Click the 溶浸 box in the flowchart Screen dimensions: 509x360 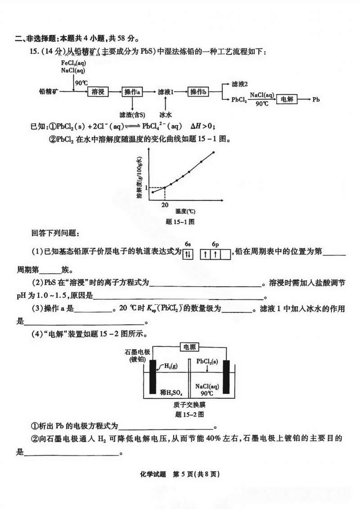98,92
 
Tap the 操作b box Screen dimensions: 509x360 198,92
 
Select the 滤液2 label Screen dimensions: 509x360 240,84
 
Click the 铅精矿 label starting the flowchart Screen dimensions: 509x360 49,92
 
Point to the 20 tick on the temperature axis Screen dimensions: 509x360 165,204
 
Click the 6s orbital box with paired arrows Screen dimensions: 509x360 188,254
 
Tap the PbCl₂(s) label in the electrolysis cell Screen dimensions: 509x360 207,361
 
